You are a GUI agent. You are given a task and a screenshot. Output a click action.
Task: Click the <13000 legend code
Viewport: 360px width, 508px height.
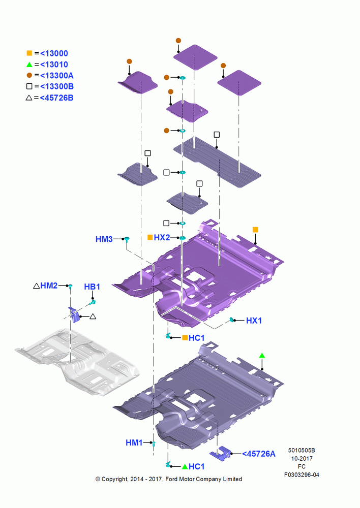[x=54, y=53]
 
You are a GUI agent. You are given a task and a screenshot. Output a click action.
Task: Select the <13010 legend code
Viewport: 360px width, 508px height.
[x=54, y=65]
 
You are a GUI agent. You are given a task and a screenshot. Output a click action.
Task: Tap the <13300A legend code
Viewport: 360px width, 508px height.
[x=57, y=76]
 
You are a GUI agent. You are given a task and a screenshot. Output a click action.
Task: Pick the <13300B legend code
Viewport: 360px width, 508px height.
[x=57, y=86]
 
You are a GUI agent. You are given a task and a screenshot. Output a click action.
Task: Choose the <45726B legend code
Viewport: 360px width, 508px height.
[x=56, y=98]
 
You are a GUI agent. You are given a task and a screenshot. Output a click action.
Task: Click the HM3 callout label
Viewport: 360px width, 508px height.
[x=104, y=239]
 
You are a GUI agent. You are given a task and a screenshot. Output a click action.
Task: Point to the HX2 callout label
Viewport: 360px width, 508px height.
[x=162, y=237]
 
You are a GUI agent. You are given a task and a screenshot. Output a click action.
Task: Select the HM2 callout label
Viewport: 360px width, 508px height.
[x=49, y=285]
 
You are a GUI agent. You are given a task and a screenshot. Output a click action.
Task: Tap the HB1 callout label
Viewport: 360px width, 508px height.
[x=92, y=287]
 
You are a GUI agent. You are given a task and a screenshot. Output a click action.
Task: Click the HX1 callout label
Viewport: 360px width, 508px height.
[x=254, y=321]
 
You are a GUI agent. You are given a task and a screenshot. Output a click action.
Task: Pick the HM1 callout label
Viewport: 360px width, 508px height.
[x=134, y=442]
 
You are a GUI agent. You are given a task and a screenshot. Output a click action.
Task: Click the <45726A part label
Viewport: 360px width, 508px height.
[x=259, y=454]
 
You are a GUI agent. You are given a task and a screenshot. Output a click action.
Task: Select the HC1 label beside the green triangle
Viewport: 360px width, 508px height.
[x=197, y=466]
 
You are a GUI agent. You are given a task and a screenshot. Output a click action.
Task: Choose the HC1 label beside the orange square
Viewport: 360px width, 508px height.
[x=197, y=338]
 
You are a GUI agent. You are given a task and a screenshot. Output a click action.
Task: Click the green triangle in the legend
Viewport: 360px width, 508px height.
[x=29, y=65]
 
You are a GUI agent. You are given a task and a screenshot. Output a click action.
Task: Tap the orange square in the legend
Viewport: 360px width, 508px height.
[x=29, y=53]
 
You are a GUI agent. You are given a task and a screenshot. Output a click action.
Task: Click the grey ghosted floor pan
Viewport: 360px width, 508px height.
[x=78, y=360]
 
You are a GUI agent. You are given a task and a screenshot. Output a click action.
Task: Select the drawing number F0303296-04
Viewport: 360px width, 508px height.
[x=302, y=475]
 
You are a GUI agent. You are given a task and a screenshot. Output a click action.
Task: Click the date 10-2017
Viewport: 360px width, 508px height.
[x=302, y=458]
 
